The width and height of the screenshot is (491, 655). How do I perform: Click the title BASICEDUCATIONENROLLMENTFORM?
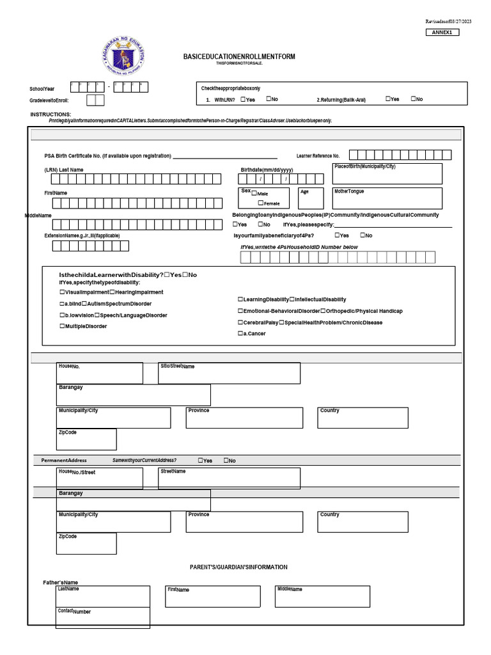(239, 57)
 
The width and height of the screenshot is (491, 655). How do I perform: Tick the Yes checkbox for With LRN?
(244, 99)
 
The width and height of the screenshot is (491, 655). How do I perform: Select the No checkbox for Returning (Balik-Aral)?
(414, 99)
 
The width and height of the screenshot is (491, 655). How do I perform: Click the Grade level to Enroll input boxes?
(95, 100)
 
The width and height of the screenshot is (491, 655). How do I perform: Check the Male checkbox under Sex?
(254, 193)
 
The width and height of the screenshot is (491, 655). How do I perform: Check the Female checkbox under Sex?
(261, 203)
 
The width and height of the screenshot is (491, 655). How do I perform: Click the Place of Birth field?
(387, 174)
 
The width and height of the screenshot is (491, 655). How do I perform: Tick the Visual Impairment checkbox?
(62, 292)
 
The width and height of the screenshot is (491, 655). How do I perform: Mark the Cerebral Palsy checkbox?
(240, 322)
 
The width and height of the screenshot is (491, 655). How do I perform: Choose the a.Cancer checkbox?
(240, 334)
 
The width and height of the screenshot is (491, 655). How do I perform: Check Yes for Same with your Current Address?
(201, 461)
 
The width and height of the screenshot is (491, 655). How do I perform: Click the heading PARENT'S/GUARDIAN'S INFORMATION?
(238, 567)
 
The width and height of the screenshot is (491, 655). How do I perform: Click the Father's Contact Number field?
(103, 617)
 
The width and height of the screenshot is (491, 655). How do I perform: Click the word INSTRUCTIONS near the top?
(51, 114)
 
